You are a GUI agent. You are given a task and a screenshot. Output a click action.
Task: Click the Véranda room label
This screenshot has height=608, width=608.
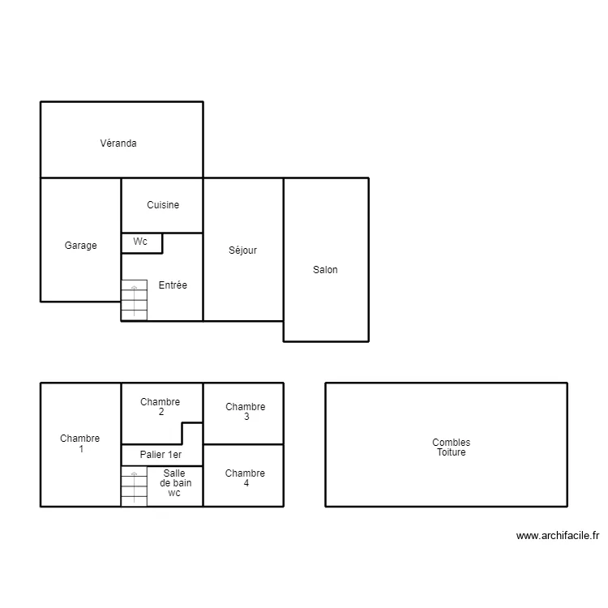[x=118, y=143]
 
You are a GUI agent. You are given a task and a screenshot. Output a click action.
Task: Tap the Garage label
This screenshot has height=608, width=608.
[x=80, y=246]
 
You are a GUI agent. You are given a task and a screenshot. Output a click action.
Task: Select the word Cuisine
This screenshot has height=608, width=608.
[x=163, y=205]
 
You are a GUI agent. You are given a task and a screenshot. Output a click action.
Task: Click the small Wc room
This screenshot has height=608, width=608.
[x=141, y=242]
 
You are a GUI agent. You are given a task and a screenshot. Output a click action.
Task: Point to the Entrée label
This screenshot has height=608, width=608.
[x=173, y=285]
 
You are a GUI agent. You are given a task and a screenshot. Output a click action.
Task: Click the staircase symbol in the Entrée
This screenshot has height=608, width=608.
[x=134, y=299]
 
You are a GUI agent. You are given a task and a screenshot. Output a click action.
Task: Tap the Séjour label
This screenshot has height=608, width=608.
[x=242, y=250]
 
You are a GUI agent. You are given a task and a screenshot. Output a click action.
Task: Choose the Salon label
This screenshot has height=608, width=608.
[x=325, y=270]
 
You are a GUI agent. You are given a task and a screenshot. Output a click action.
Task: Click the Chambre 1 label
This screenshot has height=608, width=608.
[x=80, y=443]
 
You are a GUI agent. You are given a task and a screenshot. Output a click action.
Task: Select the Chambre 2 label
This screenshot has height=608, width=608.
[x=161, y=407]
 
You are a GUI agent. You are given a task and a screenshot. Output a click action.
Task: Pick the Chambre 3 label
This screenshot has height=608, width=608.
[x=245, y=412]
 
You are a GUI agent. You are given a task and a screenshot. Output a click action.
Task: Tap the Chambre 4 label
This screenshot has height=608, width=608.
[x=245, y=478]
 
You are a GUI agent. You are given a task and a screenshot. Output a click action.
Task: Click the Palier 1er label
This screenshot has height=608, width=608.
[x=161, y=456]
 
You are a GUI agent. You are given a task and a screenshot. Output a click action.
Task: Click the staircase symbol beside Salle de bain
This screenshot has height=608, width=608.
[x=134, y=486]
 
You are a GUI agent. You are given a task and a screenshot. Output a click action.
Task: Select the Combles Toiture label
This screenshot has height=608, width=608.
[x=451, y=447]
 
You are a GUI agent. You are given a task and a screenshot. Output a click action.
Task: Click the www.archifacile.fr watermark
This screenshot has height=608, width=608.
[x=557, y=536]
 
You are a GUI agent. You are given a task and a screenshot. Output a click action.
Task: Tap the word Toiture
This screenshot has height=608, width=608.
[x=451, y=452]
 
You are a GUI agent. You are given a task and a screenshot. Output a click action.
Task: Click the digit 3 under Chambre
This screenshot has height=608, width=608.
[x=246, y=417]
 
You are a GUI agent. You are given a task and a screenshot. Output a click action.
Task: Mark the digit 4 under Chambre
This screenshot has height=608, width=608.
[x=246, y=484]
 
